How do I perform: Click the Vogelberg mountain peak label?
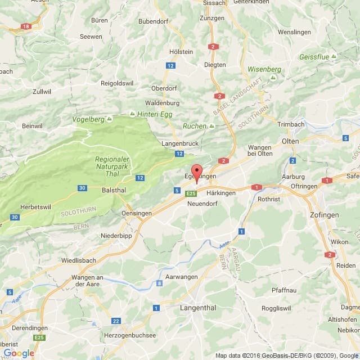89,119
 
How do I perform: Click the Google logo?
19,353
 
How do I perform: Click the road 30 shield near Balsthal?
82,188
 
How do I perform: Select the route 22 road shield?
116,321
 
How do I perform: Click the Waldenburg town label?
162,103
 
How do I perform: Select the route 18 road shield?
25,26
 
